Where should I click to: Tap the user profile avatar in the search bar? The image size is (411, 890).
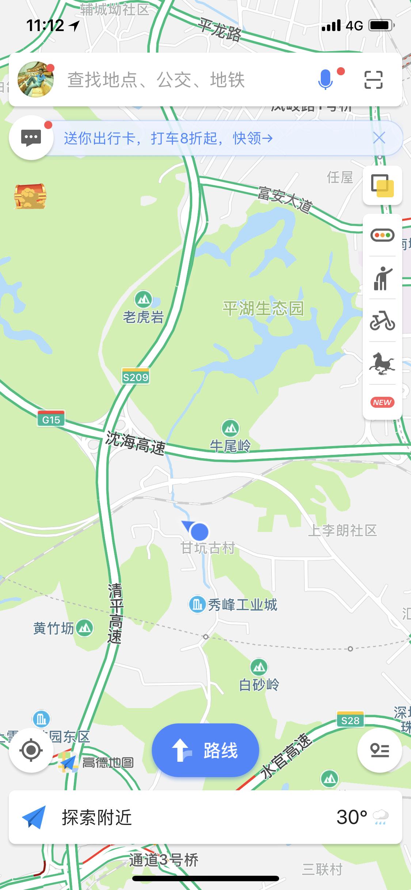(36, 80)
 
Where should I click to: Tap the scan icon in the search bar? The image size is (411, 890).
(373, 80)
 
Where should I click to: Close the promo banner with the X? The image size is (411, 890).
(379, 138)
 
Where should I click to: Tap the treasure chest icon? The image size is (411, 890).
(30, 196)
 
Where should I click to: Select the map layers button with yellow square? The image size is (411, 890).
(382, 186)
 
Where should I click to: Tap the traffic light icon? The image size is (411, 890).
(382, 235)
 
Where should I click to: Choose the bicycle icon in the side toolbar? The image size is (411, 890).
(382, 321)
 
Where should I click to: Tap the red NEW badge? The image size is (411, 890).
(382, 402)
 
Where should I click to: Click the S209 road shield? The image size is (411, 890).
(136, 377)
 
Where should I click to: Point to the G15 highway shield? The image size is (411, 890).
(51, 419)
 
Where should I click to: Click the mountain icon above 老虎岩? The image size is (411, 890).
(144, 300)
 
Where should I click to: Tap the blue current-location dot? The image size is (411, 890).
(199, 532)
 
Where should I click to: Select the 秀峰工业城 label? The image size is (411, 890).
(242, 605)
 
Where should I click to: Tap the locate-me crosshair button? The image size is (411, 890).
(31, 750)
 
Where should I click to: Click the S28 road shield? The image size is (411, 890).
(350, 720)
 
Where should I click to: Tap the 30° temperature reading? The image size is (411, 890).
(351, 817)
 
